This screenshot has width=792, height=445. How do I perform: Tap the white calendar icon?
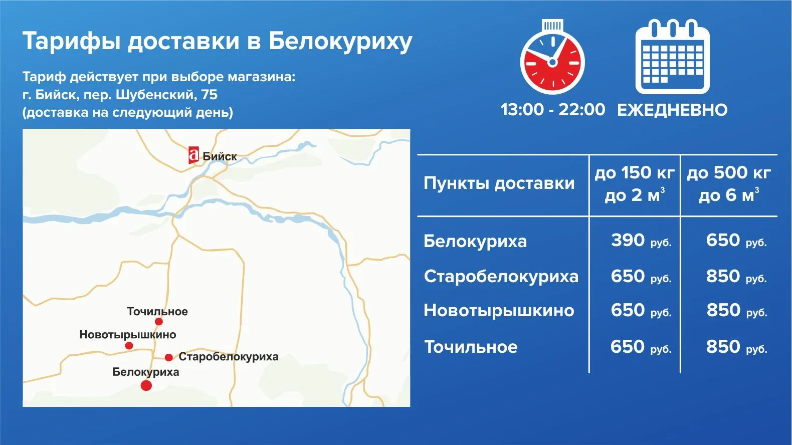pos(673,57)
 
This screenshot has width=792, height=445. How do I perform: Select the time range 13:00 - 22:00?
pos(552,110)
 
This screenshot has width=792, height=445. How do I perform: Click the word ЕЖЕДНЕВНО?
pos(673,110)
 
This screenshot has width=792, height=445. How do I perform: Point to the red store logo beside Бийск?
pos(193,155)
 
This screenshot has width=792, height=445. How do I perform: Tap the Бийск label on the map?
pos(220,156)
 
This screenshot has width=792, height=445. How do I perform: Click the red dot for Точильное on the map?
pos(159,322)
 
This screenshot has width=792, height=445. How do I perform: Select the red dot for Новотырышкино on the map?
pos(129,346)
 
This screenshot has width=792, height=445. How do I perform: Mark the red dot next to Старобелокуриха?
pos(169,357)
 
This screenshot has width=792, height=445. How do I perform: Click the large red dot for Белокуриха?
pos(146,386)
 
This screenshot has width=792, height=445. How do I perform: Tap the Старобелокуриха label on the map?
pos(229,357)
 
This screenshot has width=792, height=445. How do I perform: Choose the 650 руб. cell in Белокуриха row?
pos(736,241)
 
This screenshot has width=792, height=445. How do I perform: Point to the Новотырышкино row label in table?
pos(499,311)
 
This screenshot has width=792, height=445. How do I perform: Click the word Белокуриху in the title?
pos(340,42)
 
